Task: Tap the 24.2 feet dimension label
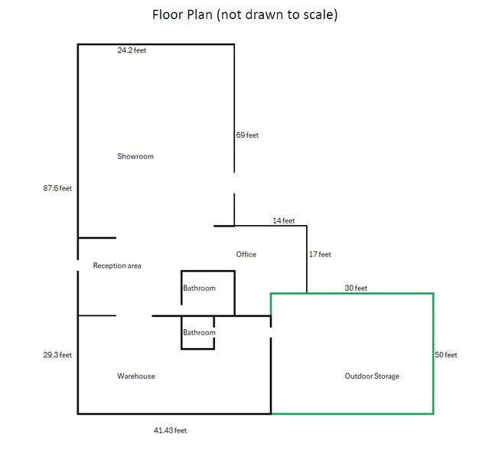pos(132,51)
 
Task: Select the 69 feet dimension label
pos(247,135)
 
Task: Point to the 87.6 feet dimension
pos(57,187)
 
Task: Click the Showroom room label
pos(135,157)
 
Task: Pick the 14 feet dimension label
pos(283,220)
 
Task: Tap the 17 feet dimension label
pos(320,254)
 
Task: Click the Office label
pos(246,254)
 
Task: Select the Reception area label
pos(117,266)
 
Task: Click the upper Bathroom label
pos(199,289)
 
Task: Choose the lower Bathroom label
pos(199,333)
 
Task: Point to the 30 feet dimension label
pos(356,289)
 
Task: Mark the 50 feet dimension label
pos(446,354)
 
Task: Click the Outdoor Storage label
pos(372,377)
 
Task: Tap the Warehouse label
pos(136,376)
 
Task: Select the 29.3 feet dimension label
pos(57,354)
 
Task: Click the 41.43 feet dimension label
pos(170,431)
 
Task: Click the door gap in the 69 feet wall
pos(234,184)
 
